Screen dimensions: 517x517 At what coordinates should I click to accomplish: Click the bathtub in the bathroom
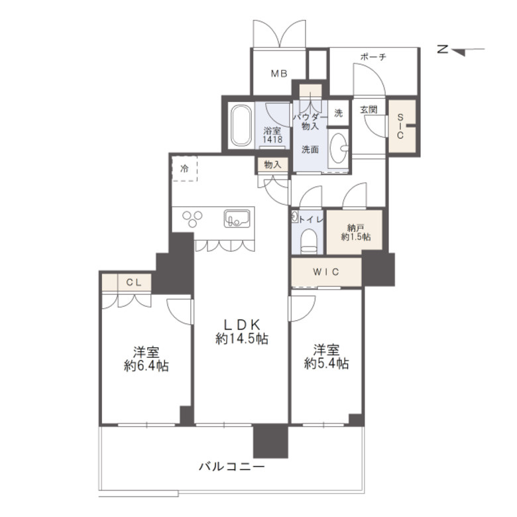241,126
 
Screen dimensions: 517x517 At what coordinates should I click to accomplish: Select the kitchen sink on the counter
237,219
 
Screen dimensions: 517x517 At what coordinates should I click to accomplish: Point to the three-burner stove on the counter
192,219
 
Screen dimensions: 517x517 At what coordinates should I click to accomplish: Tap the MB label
279,74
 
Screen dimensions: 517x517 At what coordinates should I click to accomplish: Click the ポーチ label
373,57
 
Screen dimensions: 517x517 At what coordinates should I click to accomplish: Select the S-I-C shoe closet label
400,126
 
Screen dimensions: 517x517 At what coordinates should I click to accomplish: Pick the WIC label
325,272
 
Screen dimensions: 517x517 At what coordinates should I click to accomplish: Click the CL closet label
134,282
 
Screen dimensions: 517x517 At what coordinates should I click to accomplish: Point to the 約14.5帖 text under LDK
242,339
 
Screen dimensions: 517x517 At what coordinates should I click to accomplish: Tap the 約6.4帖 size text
146,366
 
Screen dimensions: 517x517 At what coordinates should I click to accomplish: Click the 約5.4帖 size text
326,363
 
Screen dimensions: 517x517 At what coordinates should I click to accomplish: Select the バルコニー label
231,467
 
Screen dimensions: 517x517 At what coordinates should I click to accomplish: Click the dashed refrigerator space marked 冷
185,168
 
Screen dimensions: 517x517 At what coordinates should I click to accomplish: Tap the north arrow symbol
461,51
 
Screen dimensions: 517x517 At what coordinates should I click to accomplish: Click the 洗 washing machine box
339,113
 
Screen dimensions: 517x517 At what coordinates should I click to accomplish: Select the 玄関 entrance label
369,109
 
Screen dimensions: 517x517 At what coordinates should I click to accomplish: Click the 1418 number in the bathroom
272,139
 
